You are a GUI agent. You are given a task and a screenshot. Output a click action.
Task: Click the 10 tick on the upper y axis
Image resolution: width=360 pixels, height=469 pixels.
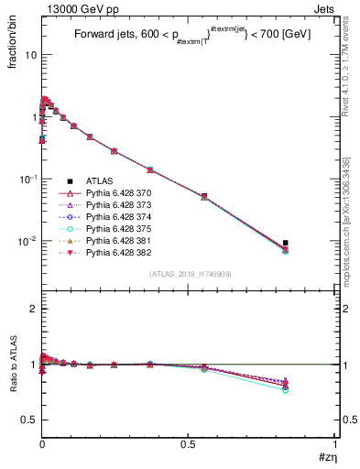pyautogui.click(x=30, y=55)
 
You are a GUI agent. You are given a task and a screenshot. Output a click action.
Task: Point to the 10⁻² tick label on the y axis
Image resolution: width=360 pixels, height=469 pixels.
pyautogui.click(x=27, y=241)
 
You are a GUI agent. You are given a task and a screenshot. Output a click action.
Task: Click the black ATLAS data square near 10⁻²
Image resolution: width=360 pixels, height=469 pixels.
pyautogui.click(x=286, y=243)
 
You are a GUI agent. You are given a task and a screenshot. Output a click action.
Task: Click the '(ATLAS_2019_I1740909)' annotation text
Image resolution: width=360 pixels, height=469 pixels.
pyautogui.click(x=190, y=275)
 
